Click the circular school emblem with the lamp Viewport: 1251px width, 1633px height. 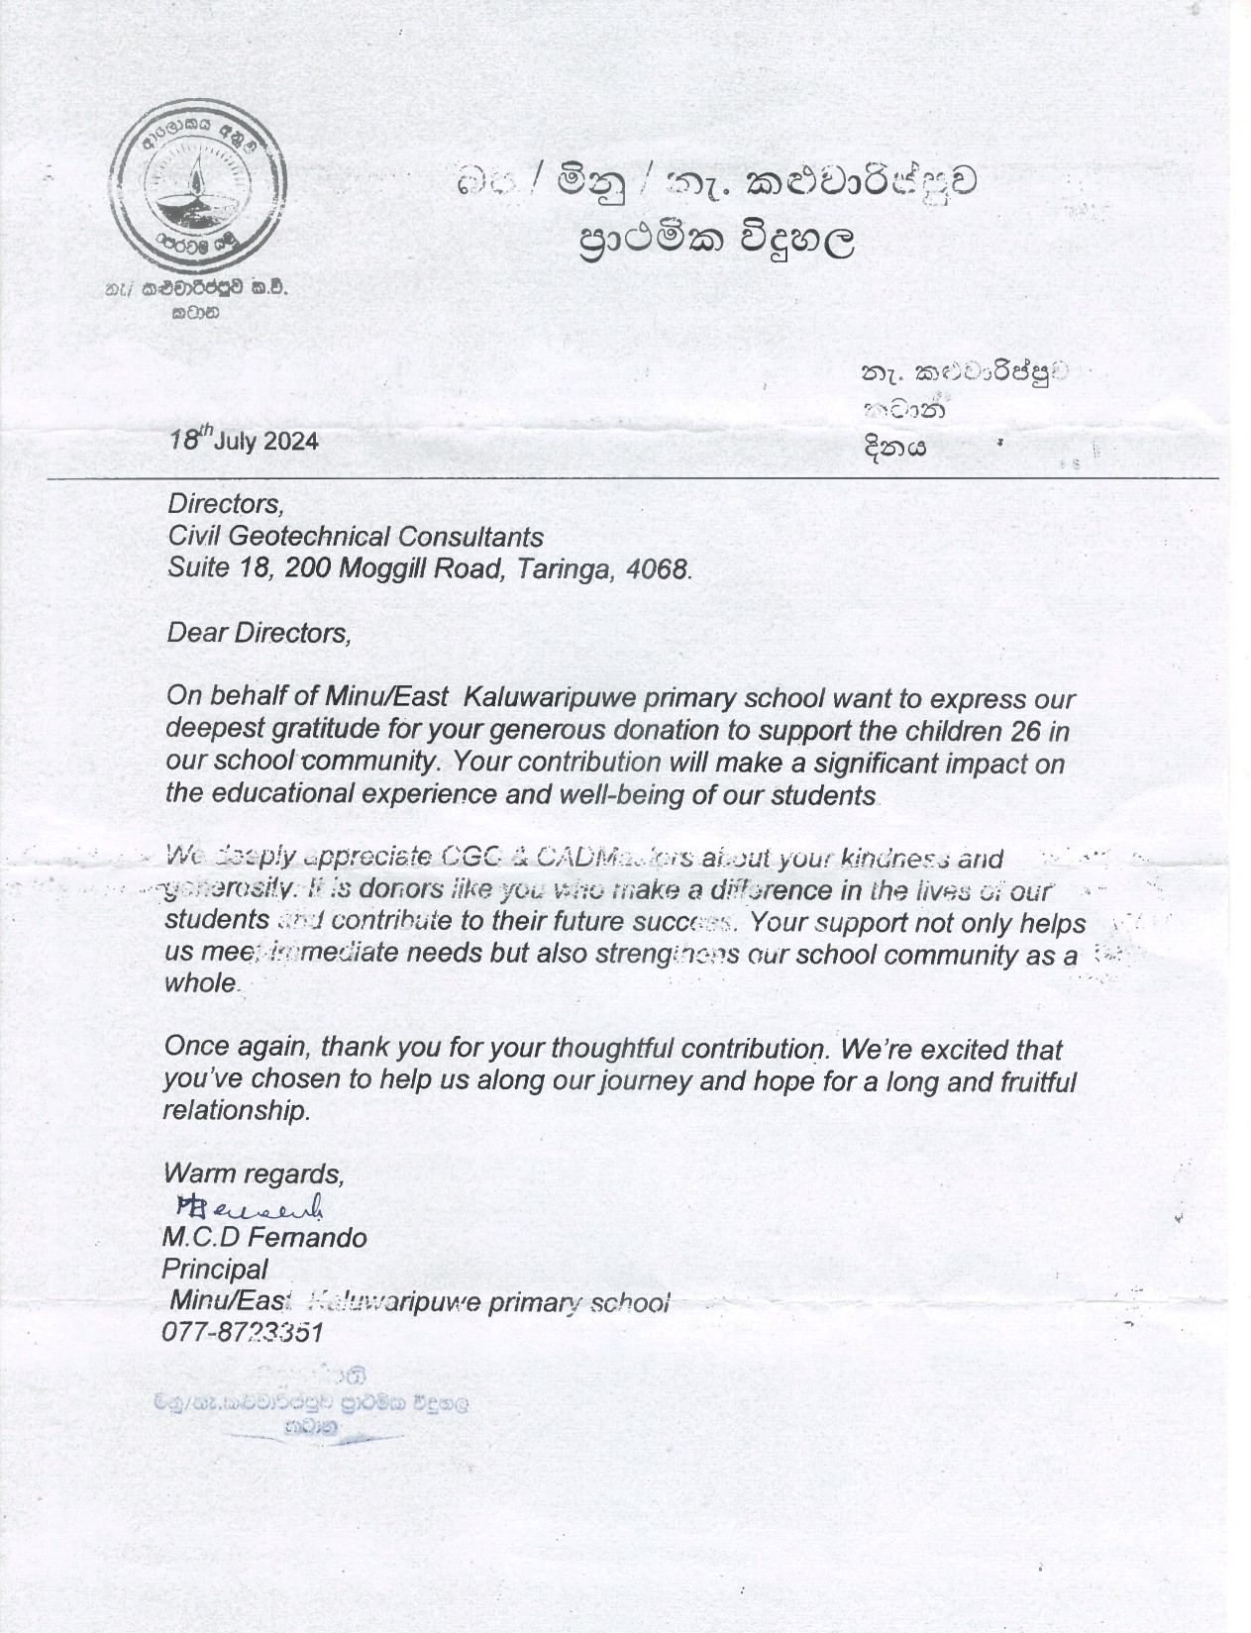click(x=199, y=187)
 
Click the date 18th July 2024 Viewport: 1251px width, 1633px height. click(x=243, y=440)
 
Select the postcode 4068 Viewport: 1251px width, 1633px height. click(x=657, y=570)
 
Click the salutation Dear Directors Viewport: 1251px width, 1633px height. click(x=259, y=633)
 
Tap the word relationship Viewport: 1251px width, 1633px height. click(x=236, y=1111)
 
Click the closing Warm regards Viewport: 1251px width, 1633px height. click(x=254, y=1174)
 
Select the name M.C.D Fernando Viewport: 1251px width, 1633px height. click(x=263, y=1238)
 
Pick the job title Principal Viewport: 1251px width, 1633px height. click(x=214, y=1270)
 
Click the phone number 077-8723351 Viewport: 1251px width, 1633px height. click(x=242, y=1333)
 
